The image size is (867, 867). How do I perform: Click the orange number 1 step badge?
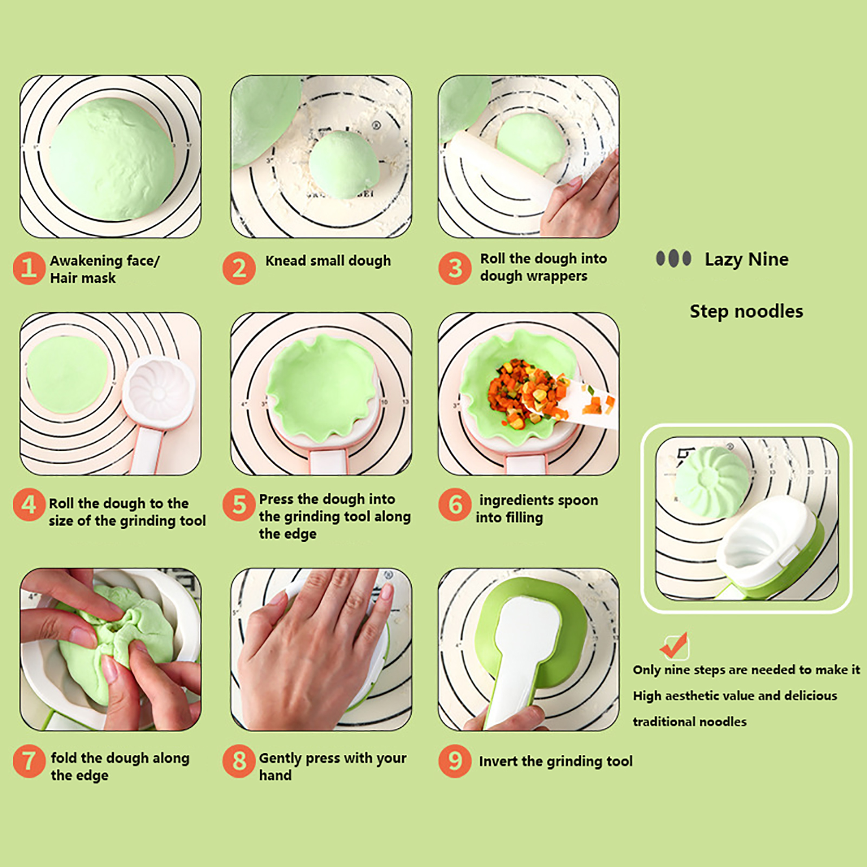(x=29, y=268)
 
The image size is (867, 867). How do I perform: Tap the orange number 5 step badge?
(x=239, y=504)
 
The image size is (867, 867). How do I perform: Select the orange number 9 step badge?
(x=455, y=761)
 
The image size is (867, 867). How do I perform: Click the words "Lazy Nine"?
(x=746, y=260)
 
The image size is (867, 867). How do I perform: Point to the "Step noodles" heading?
(x=746, y=311)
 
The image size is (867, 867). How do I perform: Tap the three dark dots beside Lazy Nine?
(x=674, y=258)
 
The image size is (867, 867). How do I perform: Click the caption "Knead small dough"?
(x=328, y=261)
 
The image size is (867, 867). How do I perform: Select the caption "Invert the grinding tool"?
(x=555, y=761)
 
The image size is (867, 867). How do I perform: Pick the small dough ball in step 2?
(x=344, y=164)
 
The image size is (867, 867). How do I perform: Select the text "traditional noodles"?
(x=689, y=721)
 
